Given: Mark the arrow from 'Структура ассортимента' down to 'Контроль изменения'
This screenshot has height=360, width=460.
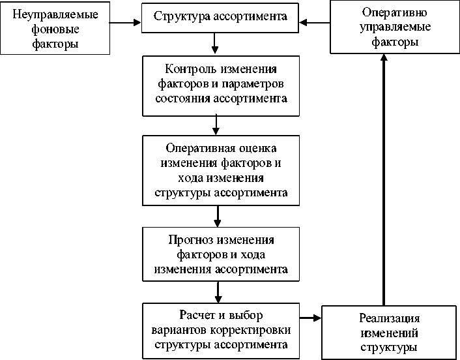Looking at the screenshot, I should (215, 42).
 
